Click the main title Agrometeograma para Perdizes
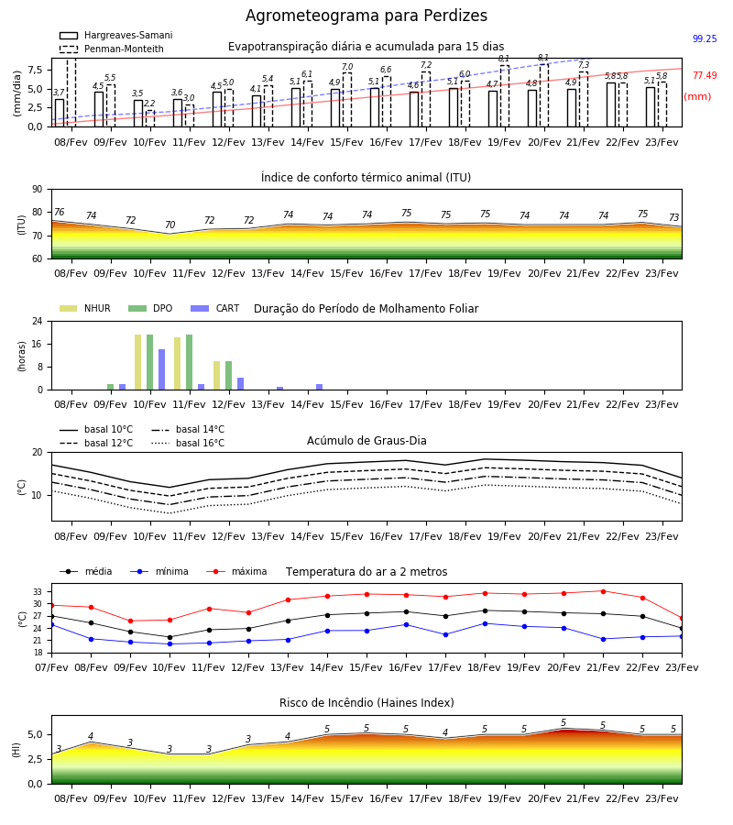(x=366, y=16)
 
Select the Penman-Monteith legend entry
(x=112, y=49)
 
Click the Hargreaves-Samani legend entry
(x=116, y=35)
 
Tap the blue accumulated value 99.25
(x=705, y=38)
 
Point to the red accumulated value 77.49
(x=705, y=76)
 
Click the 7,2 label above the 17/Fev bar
(x=426, y=65)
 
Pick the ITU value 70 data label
(x=170, y=225)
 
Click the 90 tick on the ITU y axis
(x=37, y=190)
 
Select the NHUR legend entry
(x=85, y=308)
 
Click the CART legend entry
(x=215, y=308)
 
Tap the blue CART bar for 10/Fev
(x=162, y=369)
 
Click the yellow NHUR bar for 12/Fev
(x=216, y=376)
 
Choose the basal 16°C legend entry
(x=188, y=443)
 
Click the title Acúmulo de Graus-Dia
(x=366, y=441)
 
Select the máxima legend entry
(x=236, y=571)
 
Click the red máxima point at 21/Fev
(x=603, y=591)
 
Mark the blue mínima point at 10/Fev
(x=170, y=644)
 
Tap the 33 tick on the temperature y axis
(x=38, y=592)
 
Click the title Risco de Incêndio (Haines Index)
(x=366, y=703)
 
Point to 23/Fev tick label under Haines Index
(x=662, y=798)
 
